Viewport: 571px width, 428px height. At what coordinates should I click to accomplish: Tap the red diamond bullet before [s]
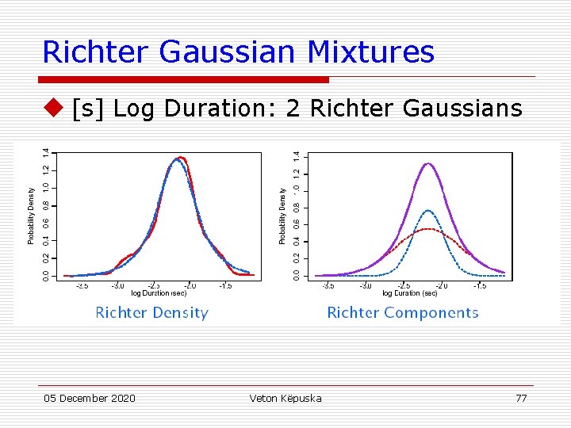pos(53,107)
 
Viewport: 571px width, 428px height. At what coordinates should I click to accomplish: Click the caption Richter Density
pos(151,312)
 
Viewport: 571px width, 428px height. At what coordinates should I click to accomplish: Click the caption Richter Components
pos(403,312)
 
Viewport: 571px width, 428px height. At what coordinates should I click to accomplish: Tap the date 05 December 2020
pos(89,398)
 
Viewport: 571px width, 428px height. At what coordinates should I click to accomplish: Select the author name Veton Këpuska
pos(285,398)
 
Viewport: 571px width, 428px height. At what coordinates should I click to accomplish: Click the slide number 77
pos(521,398)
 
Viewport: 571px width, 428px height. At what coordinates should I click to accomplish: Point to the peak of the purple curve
pos(428,163)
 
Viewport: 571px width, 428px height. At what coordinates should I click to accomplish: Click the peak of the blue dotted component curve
pos(428,210)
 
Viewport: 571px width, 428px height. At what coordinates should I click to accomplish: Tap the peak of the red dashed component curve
pos(428,229)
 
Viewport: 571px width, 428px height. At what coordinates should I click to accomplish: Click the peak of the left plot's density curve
pos(180,158)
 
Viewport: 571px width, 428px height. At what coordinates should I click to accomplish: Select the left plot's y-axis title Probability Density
pos(32,215)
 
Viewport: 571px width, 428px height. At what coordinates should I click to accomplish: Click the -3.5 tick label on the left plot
pos(82,285)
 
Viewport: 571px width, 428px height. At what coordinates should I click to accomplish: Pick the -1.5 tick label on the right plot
pos(480,285)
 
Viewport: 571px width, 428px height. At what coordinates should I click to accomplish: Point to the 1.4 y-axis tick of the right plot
pos(297,157)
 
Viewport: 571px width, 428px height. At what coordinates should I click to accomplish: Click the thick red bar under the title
pos(183,79)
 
